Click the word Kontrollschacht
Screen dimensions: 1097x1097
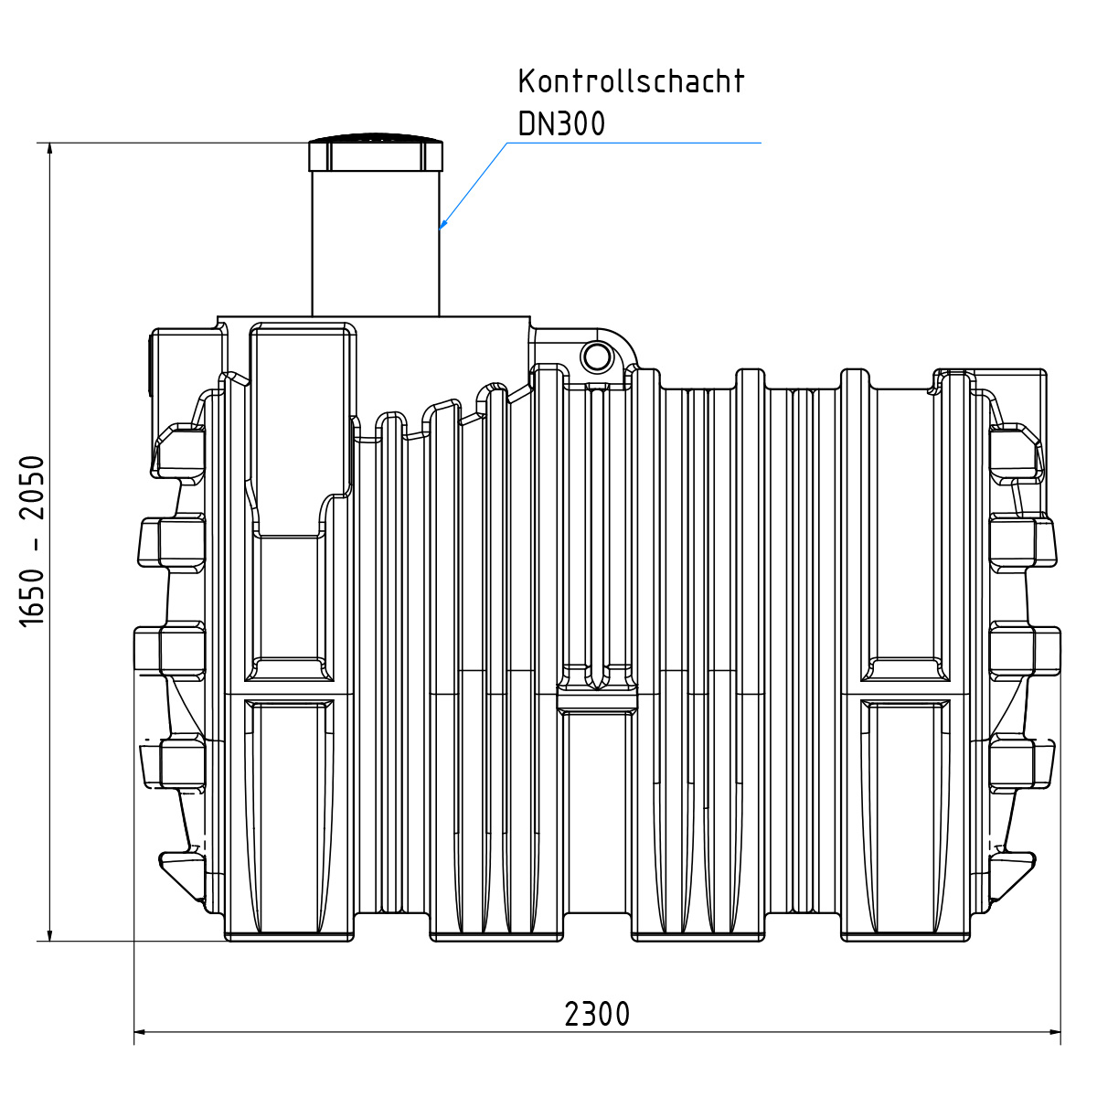pyautogui.click(x=631, y=81)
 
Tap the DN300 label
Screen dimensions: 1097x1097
pyautogui.click(x=561, y=123)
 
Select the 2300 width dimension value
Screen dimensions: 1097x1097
pyautogui.click(x=597, y=1014)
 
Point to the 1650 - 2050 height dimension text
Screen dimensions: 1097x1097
pyautogui.click(x=33, y=540)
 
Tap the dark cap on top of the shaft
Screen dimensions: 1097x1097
pyautogui.click(x=376, y=153)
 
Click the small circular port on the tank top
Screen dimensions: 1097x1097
pyautogui.click(x=596, y=357)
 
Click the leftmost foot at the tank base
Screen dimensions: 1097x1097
pyautogui.click(x=289, y=935)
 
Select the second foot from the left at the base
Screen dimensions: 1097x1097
pyautogui.click(x=496, y=935)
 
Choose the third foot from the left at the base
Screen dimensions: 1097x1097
pyautogui.click(x=698, y=935)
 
